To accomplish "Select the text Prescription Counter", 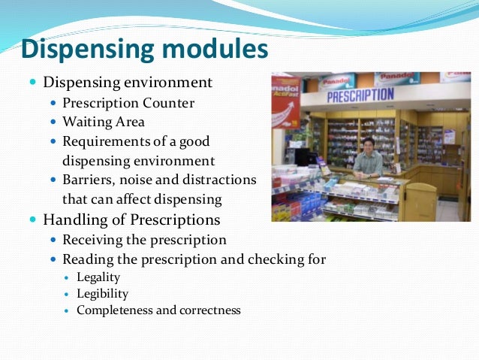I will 128,102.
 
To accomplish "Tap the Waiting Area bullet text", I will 104,121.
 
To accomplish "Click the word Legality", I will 98,277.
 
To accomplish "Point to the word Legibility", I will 102,293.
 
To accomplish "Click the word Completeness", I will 113,310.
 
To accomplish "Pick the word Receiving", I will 93,240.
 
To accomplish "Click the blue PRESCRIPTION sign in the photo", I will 360,96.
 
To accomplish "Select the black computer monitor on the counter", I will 306,157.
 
